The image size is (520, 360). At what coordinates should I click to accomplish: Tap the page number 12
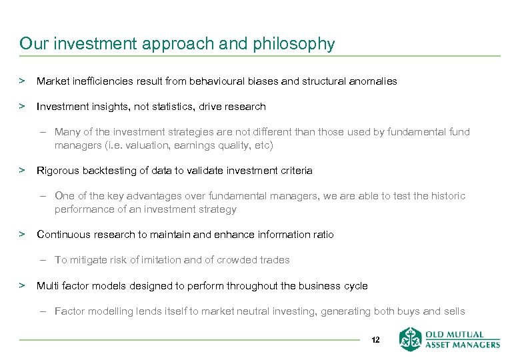click(x=375, y=340)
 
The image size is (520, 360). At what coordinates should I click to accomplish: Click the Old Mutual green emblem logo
click(x=411, y=339)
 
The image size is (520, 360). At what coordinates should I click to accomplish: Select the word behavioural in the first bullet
click(x=219, y=81)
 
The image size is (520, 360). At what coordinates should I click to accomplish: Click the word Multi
click(x=47, y=286)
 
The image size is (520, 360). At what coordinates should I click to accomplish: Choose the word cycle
click(x=355, y=286)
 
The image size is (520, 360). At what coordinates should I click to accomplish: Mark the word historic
click(x=449, y=196)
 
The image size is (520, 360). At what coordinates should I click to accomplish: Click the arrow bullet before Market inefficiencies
click(x=22, y=81)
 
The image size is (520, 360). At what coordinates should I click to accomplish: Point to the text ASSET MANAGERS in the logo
click(x=462, y=345)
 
